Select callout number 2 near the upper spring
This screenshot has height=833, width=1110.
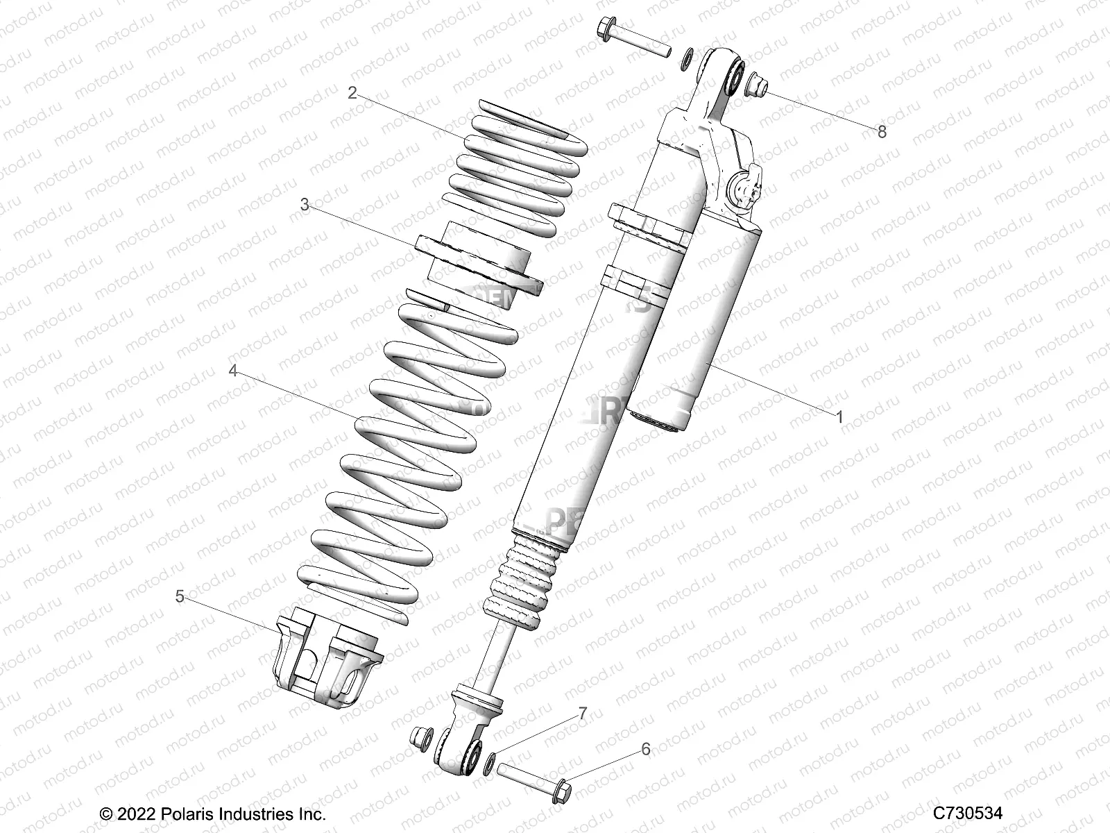click(352, 93)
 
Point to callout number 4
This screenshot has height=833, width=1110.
click(234, 371)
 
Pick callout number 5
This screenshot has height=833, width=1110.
click(180, 596)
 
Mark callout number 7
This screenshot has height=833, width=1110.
click(583, 713)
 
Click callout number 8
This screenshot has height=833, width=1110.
click(882, 132)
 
